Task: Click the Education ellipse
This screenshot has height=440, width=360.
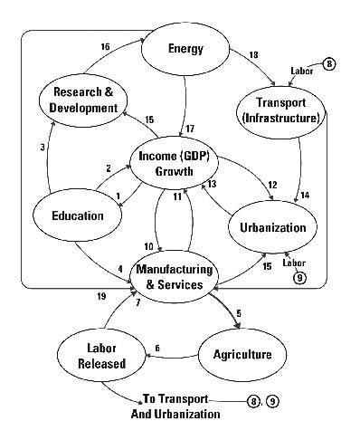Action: [78, 216]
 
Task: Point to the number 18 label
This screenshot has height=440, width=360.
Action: [252, 54]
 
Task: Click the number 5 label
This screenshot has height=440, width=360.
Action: [240, 314]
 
